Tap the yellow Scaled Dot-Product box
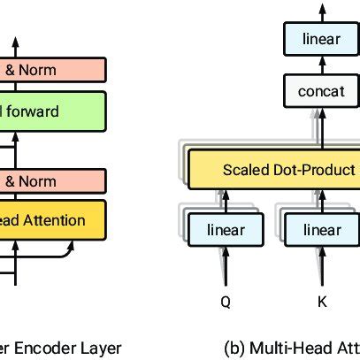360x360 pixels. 276,170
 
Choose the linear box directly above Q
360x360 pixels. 226,230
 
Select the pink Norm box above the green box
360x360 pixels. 53,69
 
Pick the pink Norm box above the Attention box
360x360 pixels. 53,182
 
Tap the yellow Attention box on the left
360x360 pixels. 53,220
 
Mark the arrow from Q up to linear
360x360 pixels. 226,266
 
